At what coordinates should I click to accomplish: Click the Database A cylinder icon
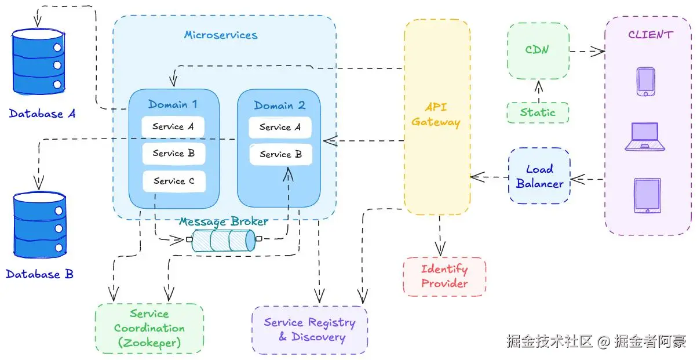click(38, 62)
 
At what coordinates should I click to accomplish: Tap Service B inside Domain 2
click(280, 155)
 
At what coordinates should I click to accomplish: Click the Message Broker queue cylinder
click(223, 240)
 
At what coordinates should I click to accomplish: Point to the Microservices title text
click(221, 35)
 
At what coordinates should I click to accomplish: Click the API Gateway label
click(436, 115)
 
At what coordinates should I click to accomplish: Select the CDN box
click(538, 50)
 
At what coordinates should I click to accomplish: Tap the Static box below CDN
click(538, 112)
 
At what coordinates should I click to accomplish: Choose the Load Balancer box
click(539, 176)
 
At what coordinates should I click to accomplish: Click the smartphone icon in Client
click(645, 82)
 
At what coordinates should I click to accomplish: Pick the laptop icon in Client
click(644, 137)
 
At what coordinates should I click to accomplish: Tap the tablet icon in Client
click(647, 196)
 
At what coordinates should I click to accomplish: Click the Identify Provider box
click(444, 277)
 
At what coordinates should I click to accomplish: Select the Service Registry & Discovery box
click(309, 330)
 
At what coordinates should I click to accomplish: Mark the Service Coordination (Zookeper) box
click(149, 328)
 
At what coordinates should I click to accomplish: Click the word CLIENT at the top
click(650, 35)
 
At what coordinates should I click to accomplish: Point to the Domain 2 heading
click(279, 106)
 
